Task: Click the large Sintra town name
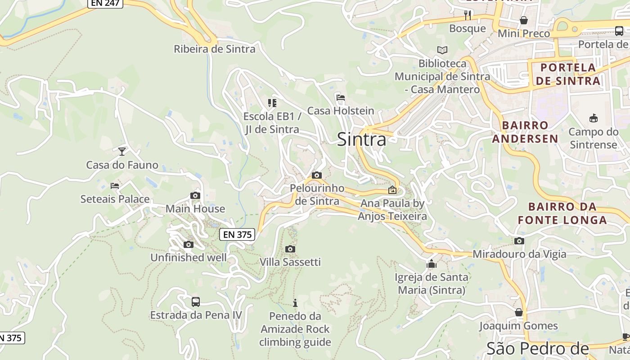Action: coord(361,139)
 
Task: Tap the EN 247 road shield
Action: coord(105,3)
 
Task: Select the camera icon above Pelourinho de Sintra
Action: coord(317,175)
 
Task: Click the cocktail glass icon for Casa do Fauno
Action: coord(122,151)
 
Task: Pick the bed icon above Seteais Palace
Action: coord(115,185)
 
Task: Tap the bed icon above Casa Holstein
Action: coord(341,97)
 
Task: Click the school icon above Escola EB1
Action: coord(272,103)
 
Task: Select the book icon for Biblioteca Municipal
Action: coord(442,50)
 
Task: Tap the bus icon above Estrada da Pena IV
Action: coord(195,301)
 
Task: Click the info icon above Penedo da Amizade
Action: coord(295,303)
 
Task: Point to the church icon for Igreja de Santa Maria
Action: coord(432,264)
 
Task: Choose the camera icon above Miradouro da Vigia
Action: coord(519,241)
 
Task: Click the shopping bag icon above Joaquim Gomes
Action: coord(519,312)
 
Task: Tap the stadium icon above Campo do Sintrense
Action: coord(593,118)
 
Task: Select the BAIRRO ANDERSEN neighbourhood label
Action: coord(525,132)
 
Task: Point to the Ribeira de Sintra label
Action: coord(215,49)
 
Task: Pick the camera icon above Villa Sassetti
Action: coord(290,249)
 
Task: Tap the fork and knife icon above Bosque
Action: coord(468,15)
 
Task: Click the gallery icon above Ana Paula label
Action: coord(392,190)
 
